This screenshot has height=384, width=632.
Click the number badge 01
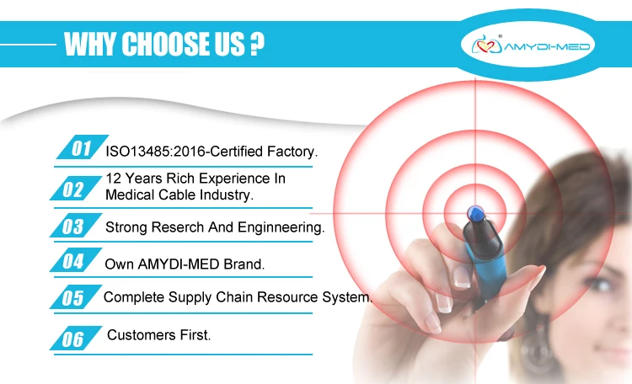(x=83, y=147)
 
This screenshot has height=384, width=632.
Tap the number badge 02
(x=76, y=188)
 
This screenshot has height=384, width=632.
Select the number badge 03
(x=76, y=226)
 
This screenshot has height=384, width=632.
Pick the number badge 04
(x=76, y=260)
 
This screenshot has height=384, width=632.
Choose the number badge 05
(x=76, y=297)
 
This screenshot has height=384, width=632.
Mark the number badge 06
(x=76, y=338)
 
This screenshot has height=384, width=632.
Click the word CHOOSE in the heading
(x=164, y=44)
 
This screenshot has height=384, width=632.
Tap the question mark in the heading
(x=257, y=44)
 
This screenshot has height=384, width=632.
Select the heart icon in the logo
(x=485, y=46)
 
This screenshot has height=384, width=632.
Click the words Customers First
(x=158, y=335)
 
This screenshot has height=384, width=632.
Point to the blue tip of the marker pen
(x=475, y=214)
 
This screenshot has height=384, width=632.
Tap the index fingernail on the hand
(x=462, y=277)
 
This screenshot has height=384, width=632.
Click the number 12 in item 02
(x=113, y=179)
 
